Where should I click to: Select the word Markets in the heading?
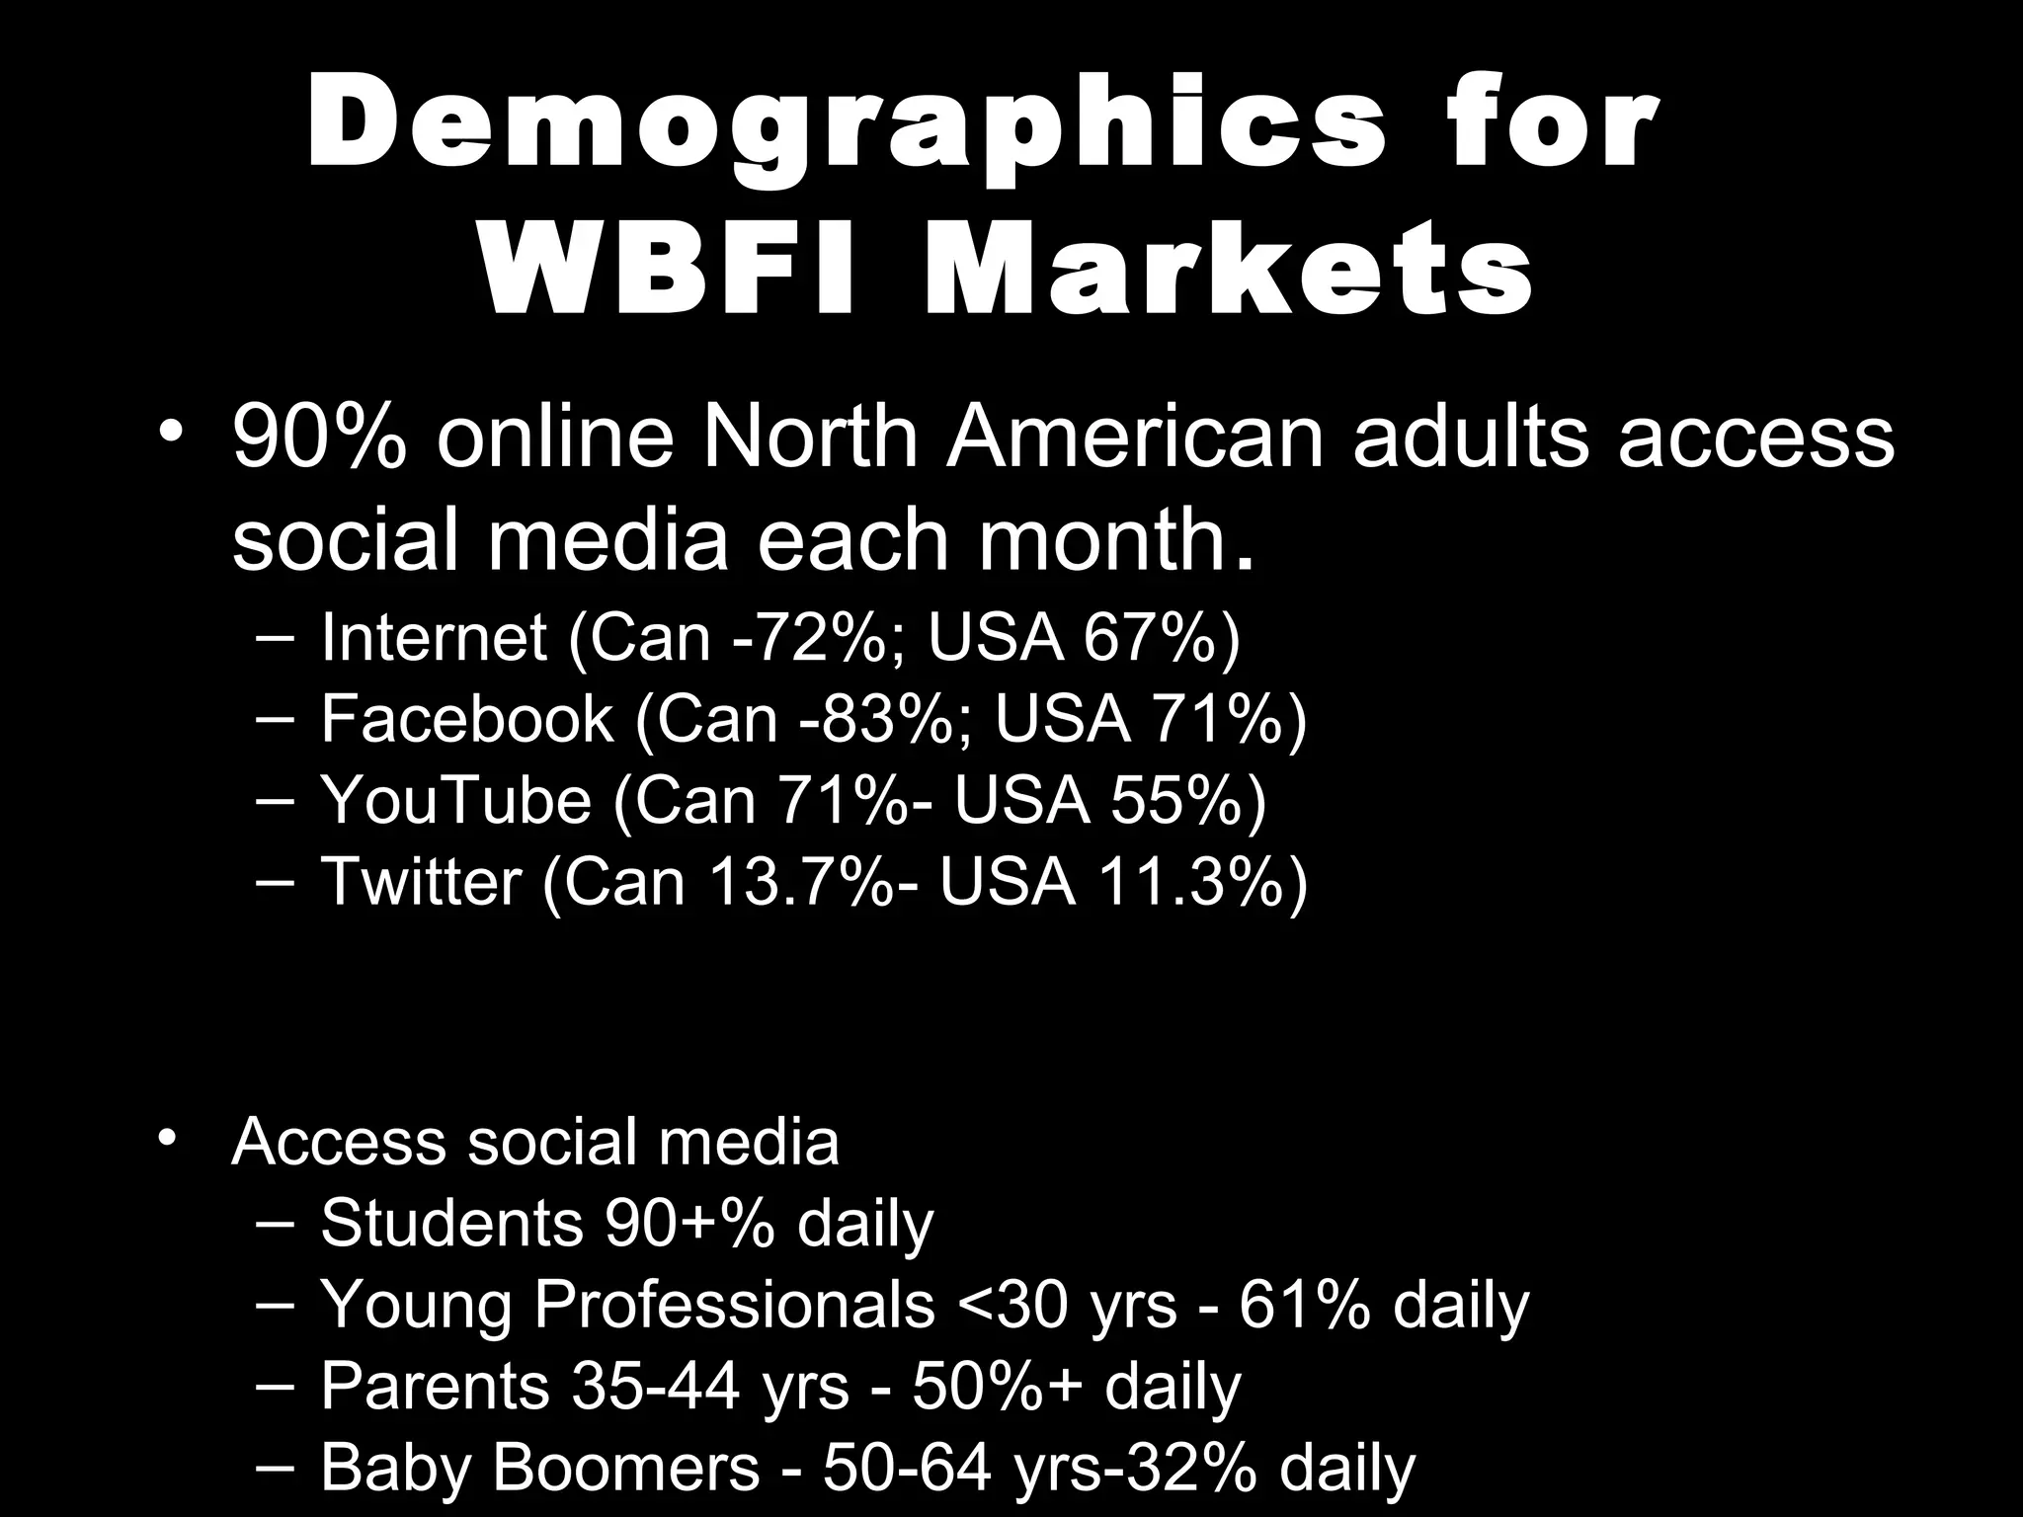coord(1228,269)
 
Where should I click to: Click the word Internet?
coord(434,637)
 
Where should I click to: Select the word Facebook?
coord(466,718)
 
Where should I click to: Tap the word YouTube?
coord(455,799)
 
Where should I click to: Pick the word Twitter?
coord(421,880)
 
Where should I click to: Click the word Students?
coord(451,1223)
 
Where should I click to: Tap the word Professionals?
coord(734,1304)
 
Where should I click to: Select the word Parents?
coord(435,1385)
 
